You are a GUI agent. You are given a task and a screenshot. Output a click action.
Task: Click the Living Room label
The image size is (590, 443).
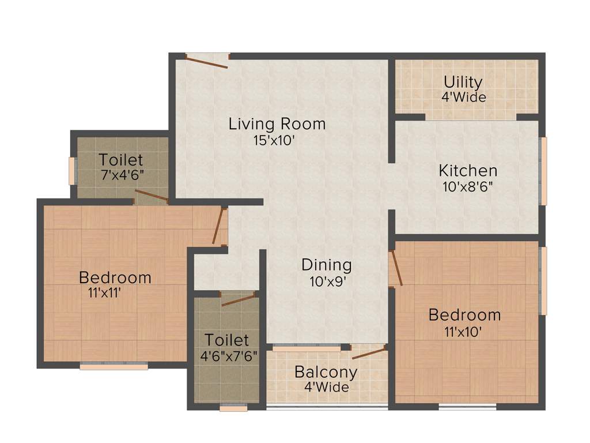click(277, 123)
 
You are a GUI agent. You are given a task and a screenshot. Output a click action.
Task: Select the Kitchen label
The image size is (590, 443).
click(468, 171)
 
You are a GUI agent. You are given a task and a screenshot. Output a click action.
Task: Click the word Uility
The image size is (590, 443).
click(463, 82)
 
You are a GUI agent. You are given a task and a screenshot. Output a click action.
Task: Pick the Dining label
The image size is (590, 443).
click(326, 265)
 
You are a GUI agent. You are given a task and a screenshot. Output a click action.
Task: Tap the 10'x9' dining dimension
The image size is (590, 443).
click(326, 281)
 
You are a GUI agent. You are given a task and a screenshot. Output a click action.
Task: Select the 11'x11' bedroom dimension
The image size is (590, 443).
click(105, 292)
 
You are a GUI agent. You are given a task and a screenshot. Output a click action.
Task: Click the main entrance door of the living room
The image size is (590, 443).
click(207, 61)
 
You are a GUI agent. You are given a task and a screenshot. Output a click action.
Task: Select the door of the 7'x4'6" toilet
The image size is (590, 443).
click(152, 196)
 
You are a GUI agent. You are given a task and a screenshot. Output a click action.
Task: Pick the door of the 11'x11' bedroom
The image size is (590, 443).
click(218, 226)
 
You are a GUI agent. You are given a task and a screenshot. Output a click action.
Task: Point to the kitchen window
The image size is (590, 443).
click(543, 171)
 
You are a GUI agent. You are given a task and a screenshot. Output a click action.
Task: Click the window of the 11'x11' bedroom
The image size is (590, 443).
click(114, 366)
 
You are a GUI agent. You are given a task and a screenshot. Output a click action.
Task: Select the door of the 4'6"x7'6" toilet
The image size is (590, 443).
click(238, 299)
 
